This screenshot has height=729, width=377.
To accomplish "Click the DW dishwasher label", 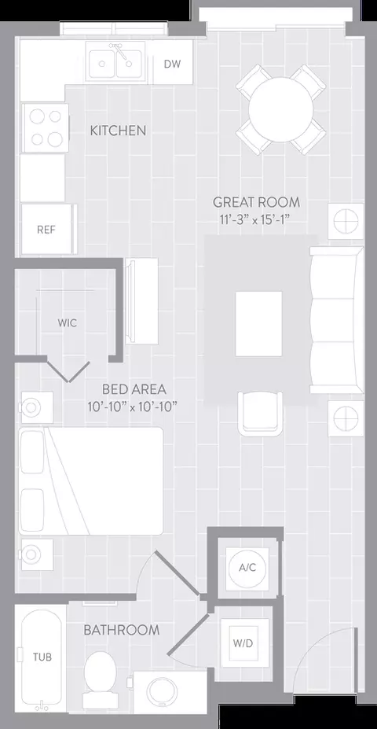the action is (x=172, y=64).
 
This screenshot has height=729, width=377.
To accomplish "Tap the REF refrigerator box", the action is (x=49, y=229).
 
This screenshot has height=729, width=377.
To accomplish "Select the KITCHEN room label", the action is (x=118, y=131).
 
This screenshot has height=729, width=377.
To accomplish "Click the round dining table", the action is (x=280, y=109).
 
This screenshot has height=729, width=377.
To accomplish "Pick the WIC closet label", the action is (x=68, y=323).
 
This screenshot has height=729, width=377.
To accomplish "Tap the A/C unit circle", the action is (x=246, y=567).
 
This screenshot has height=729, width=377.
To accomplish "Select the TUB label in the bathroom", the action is (x=42, y=657).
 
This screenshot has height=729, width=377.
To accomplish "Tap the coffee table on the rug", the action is (x=258, y=323).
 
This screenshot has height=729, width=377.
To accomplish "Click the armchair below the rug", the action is (x=261, y=413).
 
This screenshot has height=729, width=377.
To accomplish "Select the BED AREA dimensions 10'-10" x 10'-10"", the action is (x=134, y=407).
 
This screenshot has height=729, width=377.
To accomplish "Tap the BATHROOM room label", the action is (x=122, y=630).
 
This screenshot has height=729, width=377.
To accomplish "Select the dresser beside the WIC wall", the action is (x=141, y=301).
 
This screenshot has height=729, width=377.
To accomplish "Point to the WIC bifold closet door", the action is (x=69, y=371).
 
